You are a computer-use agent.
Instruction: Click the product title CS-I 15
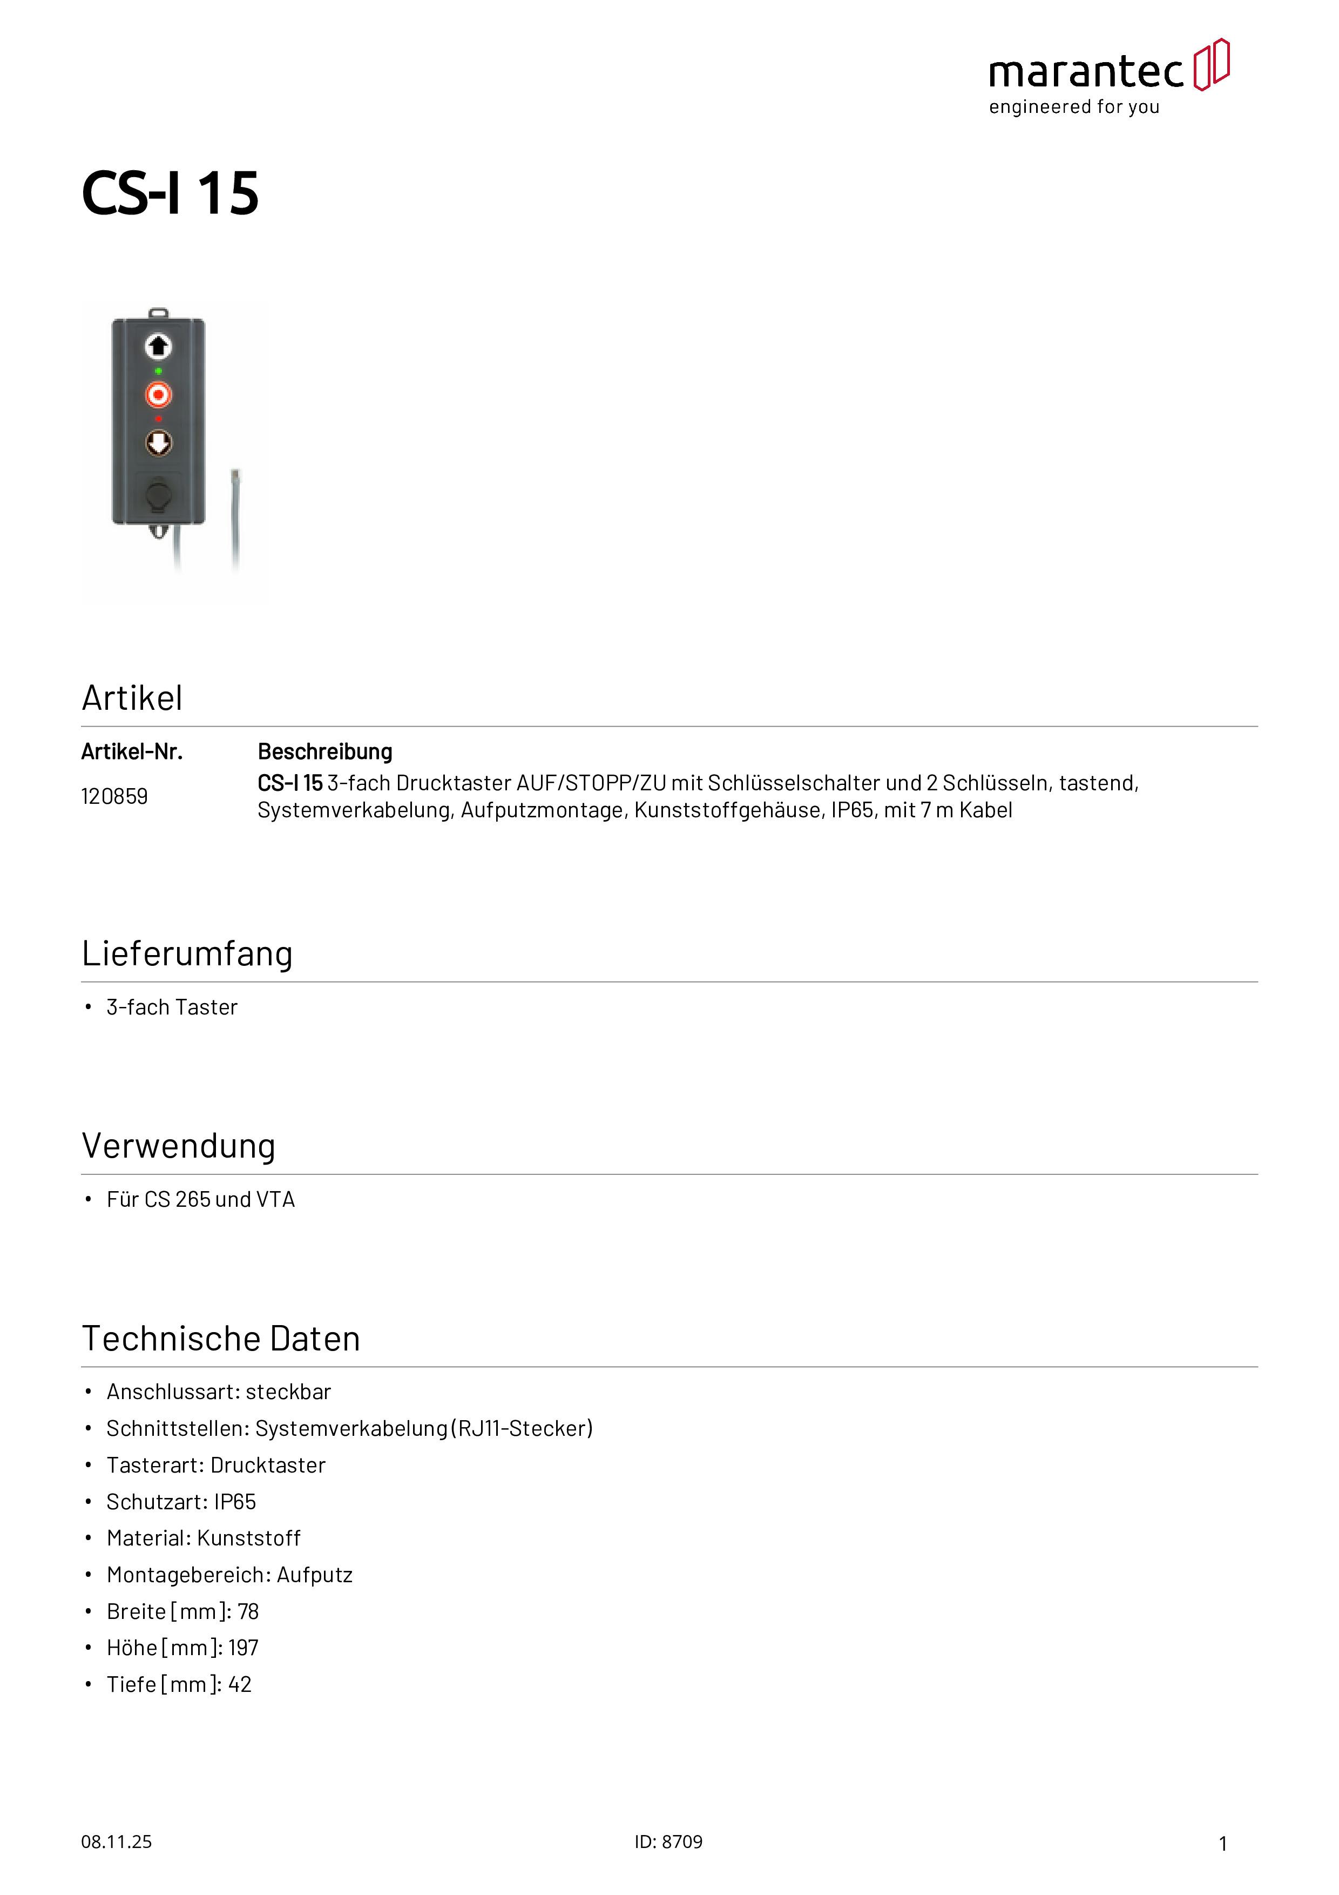click(x=170, y=194)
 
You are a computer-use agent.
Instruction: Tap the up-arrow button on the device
click(x=158, y=347)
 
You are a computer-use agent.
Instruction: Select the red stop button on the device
click(x=158, y=394)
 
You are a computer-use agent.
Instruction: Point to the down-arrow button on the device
click(x=158, y=443)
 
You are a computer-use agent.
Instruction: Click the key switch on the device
click(x=158, y=495)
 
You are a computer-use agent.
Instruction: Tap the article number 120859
click(x=114, y=796)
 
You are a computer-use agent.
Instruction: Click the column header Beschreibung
click(x=325, y=752)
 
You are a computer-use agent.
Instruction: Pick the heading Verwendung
click(x=178, y=1146)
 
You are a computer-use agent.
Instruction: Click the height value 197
click(x=244, y=1648)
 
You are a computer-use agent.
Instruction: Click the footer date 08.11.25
click(x=116, y=1842)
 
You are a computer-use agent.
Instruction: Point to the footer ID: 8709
click(x=668, y=1842)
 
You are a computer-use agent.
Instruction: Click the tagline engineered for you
click(x=1074, y=107)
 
